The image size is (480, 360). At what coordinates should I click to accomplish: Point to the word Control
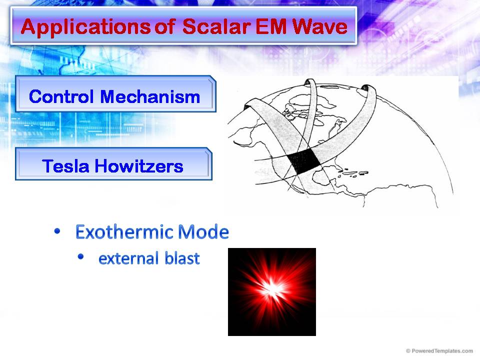(62, 96)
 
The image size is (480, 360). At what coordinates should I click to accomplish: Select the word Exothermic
(118, 232)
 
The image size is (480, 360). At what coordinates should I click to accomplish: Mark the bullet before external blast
(81, 257)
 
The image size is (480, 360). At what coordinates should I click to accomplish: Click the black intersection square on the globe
(304, 163)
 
